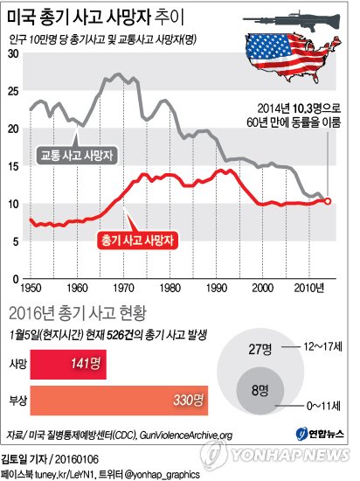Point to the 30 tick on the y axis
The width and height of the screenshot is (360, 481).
(x=12, y=54)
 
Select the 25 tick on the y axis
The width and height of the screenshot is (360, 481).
(x=12, y=92)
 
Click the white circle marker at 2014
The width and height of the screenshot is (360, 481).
(x=328, y=201)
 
